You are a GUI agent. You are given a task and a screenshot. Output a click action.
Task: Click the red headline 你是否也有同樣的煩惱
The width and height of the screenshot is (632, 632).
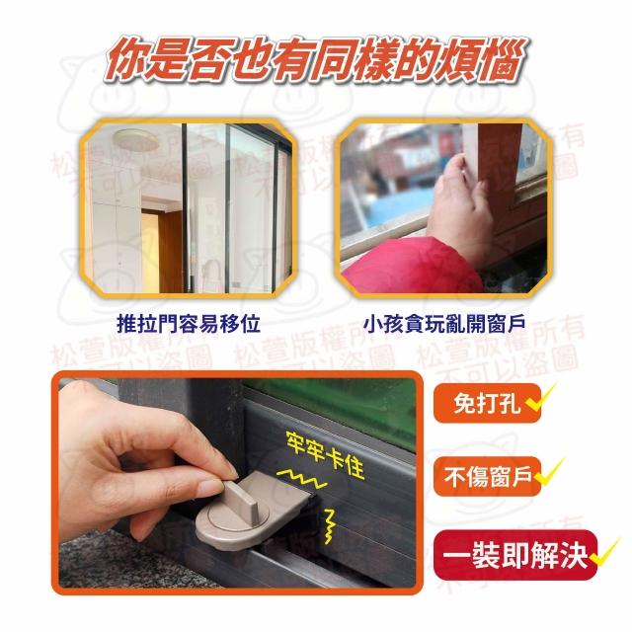(316, 61)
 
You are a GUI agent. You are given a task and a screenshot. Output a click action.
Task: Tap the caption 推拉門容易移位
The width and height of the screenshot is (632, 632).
(189, 324)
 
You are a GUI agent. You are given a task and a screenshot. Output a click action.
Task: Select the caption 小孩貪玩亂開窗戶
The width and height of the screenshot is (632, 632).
(444, 324)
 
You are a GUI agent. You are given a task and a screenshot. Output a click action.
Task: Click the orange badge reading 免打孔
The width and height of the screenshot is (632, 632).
(487, 403)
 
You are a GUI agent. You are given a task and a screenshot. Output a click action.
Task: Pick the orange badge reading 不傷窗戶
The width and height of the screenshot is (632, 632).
(487, 476)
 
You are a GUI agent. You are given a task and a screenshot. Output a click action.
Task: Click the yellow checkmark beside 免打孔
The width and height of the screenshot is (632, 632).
(540, 397)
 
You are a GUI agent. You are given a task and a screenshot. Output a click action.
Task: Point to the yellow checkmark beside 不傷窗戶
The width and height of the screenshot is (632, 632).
(547, 471)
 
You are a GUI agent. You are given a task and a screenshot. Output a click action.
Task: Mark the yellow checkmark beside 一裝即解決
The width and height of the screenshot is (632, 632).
(603, 551)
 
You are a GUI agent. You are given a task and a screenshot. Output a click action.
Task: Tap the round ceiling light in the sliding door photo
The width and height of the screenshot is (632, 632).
(135, 139)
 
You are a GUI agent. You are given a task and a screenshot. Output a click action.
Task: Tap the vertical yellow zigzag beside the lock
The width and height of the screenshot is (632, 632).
(330, 526)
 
